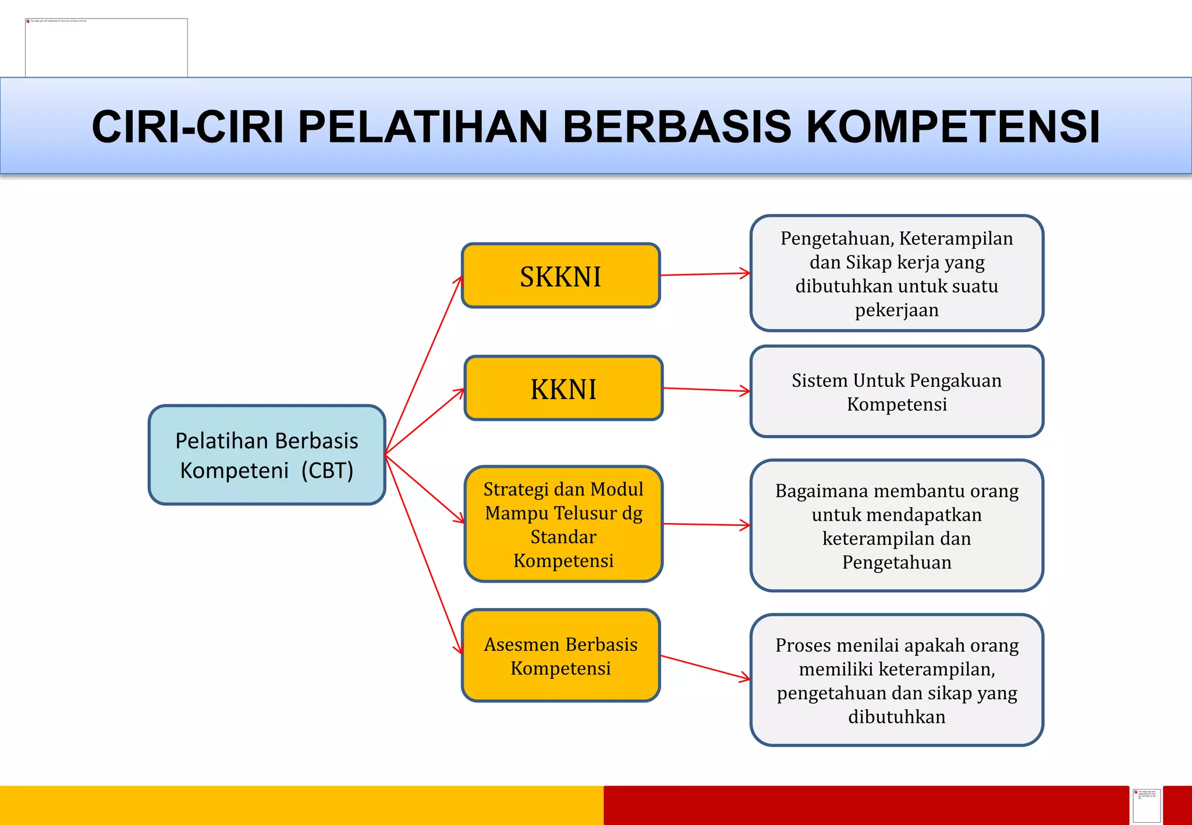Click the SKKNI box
pyautogui.click(x=560, y=276)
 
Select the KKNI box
pyautogui.click(x=563, y=388)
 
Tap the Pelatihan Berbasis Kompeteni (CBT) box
pyautogui.click(x=267, y=455)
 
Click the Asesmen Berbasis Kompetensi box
pyautogui.click(x=560, y=656)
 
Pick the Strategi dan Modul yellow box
pyautogui.click(x=563, y=524)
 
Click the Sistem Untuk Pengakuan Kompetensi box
pyautogui.click(x=896, y=392)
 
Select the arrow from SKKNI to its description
pyautogui.click(x=705, y=274)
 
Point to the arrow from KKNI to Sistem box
pyautogui.click(x=706, y=390)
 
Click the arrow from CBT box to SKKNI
pyautogui.click(x=424, y=364)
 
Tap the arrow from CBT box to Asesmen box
pyautogui.click(x=424, y=554)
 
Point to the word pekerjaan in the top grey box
pyautogui.click(x=896, y=310)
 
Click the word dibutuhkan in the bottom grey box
pyautogui.click(x=896, y=717)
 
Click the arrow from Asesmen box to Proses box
pyautogui.click(x=705, y=667)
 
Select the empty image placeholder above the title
pyautogui.click(x=107, y=48)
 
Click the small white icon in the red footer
pyautogui.click(x=1146, y=805)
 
